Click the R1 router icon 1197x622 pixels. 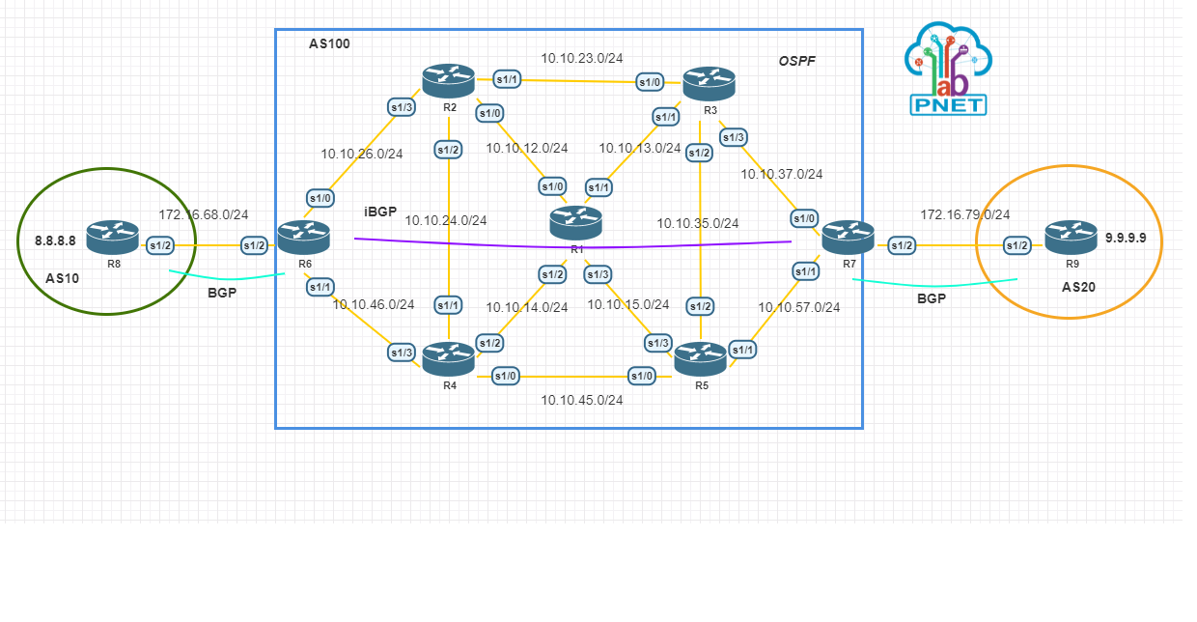pos(576,222)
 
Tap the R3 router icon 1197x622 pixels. pos(710,84)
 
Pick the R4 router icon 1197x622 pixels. pos(449,358)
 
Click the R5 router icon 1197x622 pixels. pos(701,358)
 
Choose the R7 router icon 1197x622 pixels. pos(849,238)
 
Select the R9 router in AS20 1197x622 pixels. pos(1072,238)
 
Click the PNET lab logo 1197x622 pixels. pos(948,69)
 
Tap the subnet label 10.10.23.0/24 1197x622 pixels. pos(581,58)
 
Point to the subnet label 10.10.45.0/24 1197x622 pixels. pos(581,400)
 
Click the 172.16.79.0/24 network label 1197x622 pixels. pos(964,214)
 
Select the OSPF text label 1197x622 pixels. pos(797,62)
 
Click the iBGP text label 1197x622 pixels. pos(380,212)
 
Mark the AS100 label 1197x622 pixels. pos(329,43)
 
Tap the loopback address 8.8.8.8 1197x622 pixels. pos(55,240)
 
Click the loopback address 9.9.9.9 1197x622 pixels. pos(1126,238)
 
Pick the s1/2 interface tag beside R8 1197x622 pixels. pos(160,246)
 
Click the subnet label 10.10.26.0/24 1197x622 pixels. pos(362,153)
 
